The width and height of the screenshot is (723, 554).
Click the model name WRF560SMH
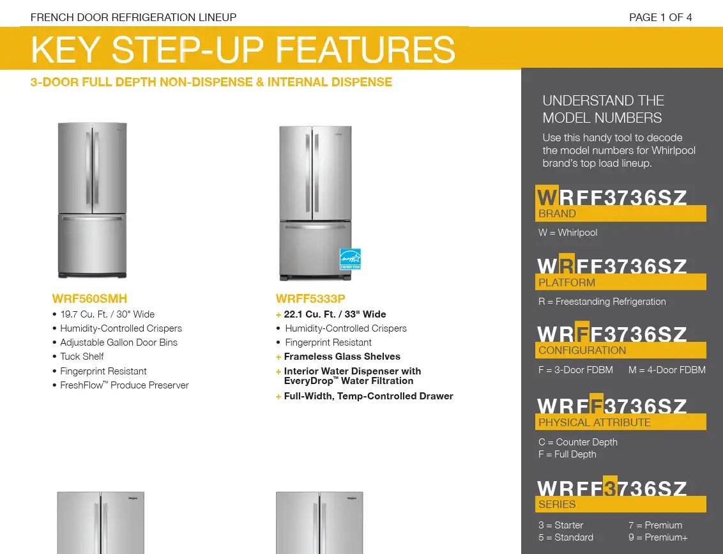click(x=89, y=298)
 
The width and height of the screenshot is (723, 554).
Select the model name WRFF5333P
click(x=310, y=298)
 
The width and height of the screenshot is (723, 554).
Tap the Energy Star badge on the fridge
click(x=351, y=259)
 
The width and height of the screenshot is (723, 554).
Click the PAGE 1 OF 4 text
click(x=660, y=17)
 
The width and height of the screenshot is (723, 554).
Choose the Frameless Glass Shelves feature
click(x=342, y=357)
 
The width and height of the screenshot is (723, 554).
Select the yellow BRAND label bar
click(x=621, y=213)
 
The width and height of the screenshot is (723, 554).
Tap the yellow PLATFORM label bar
click(x=621, y=282)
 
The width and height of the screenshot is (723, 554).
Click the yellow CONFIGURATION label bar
click(x=621, y=350)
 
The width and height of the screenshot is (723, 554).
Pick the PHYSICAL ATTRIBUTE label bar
click(x=621, y=422)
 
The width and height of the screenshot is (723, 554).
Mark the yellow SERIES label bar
click(x=621, y=504)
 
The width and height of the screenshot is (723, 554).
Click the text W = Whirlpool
click(x=568, y=233)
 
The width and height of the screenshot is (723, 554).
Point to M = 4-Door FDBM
click(x=667, y=370)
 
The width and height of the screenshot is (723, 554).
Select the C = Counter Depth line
click(x=578, y=442)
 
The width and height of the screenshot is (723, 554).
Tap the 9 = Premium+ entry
click(x=658, y=537)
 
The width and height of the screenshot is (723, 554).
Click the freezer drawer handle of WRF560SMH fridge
click(x=92, y=219)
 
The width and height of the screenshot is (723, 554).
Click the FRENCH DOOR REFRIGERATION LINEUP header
click(x=133, y=17)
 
